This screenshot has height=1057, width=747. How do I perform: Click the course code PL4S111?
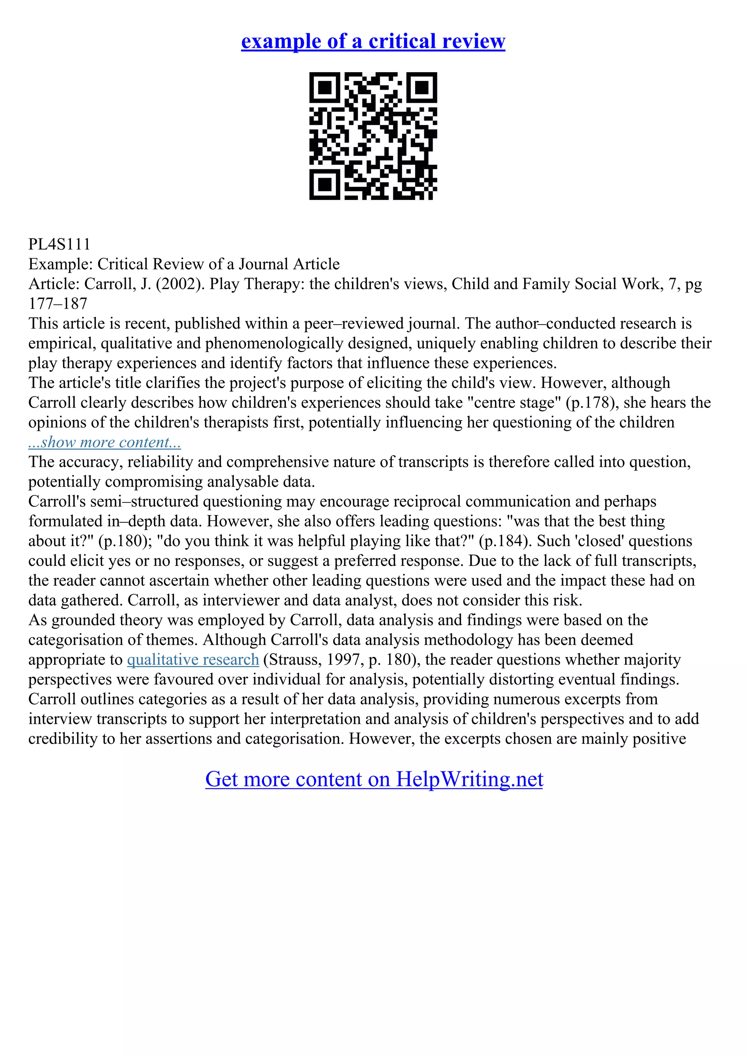(x=59, y=244)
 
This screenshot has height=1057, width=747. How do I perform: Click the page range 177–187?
(x=58, y=304)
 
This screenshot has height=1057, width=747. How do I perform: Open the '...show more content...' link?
(x=104, y=442)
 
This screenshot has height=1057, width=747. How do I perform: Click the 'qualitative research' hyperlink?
(x=193, y=660)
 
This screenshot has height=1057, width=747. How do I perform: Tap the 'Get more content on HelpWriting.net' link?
(x=374, y=779)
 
